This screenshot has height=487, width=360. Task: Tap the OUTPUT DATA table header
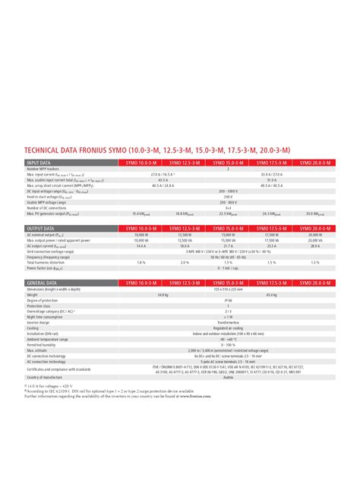coord(42,229)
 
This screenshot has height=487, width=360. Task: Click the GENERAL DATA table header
coord(43,283)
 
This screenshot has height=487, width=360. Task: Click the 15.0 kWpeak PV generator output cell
coord(141,214)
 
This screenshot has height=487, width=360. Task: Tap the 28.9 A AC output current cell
coord(314,246)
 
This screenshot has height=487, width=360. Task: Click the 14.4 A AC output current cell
coord(141,246)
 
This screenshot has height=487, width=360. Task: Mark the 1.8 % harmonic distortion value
coord(141,262)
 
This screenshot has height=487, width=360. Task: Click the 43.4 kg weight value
coord(271,294)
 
